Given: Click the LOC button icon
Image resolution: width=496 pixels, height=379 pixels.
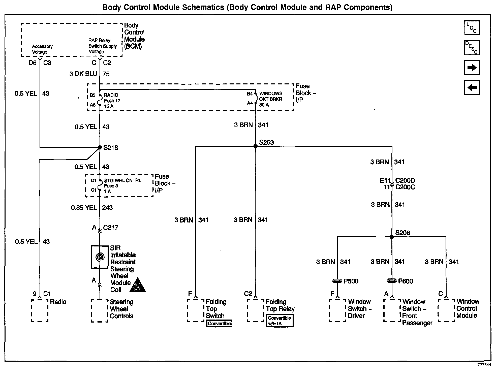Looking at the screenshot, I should click(472, 28).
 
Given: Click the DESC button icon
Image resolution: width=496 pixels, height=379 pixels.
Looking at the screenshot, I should click(472, 48).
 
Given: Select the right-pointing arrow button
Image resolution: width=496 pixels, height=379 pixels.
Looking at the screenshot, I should click(472, 68).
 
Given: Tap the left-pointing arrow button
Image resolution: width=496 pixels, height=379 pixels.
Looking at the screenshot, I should click(472, 87).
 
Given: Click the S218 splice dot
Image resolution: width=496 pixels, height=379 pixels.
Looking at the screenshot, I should click(100, 147).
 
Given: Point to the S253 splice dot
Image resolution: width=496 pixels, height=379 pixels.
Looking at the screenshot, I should click(255, 146).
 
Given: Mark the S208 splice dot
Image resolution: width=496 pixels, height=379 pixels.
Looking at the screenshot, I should click(392, 237).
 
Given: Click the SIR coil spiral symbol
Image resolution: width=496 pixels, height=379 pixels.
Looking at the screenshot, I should click(100, 257).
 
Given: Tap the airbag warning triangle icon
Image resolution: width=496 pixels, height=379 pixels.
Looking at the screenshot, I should click(137, 285).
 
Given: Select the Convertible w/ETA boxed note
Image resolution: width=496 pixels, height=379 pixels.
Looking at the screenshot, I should click(280, 321).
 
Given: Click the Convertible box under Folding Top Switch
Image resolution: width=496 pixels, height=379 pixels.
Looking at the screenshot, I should click(219, 324).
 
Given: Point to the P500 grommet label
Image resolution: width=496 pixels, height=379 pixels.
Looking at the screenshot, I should click(351, 281).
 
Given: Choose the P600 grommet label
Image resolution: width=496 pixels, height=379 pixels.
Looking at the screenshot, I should click(405, 281).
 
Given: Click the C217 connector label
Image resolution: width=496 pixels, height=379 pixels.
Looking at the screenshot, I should click(110, 228).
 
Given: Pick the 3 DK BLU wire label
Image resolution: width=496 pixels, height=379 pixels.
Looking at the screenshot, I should click(83, 74).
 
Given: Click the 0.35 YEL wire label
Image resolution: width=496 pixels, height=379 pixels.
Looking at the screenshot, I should click(84, 208).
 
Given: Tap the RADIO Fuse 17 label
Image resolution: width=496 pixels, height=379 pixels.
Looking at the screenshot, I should click(112, 101).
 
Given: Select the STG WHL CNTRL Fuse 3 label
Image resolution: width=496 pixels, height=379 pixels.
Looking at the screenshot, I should click(122, 186).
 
